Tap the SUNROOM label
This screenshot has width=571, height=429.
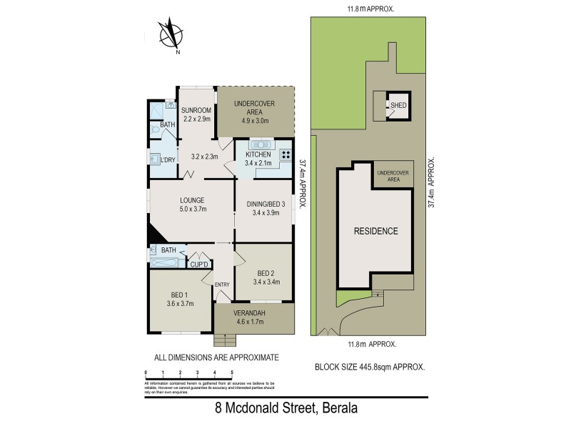196,110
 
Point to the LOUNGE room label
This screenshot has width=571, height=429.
192,200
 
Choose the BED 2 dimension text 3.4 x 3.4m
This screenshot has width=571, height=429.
264,282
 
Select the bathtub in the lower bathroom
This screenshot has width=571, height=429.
166,262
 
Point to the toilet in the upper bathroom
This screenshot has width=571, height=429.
158,130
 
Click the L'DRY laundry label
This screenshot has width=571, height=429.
168,159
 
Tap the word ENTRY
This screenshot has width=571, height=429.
222,285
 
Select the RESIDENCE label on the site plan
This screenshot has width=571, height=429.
376,231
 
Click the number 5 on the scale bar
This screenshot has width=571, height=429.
232,373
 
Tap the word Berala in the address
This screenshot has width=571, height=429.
330,410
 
